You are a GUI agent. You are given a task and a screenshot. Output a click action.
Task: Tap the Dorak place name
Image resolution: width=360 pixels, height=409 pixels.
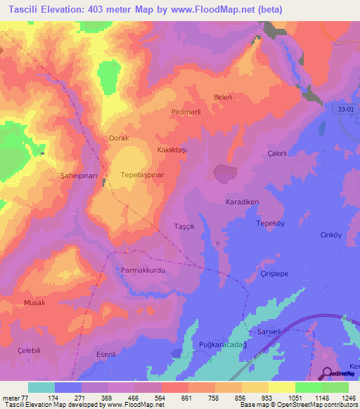(118, 138)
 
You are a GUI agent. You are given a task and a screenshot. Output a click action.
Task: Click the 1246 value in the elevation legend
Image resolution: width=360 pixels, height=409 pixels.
(339, 397)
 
